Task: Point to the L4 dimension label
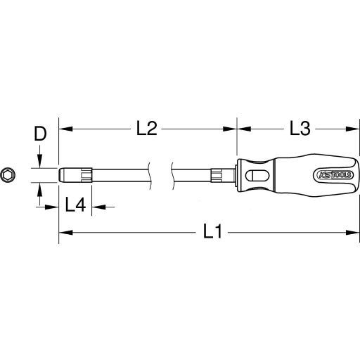[75, 205]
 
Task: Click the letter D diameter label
[41, 134]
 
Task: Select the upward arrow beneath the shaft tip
[41, 190]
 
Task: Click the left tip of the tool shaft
[60, 176]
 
